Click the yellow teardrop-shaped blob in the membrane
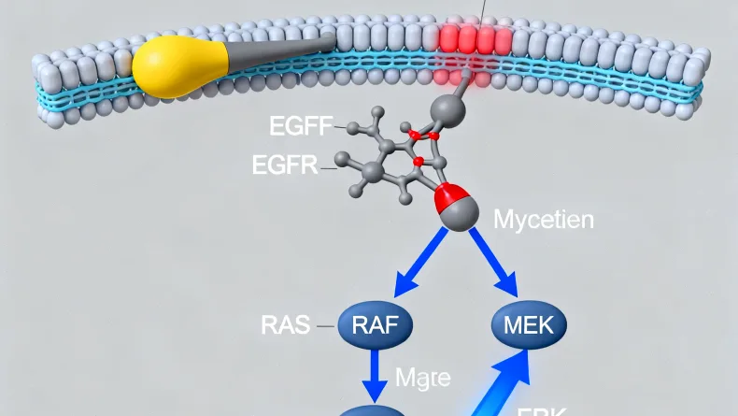pyautogui.click(x=180, y=68)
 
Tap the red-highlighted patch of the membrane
pyautogui.click(x=473, y=39)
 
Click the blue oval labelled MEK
pyautogui.click(x=528, y=324)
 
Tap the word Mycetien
pyautogui.click(x=542, y=222)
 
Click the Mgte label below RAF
pyautogui.click(x=423, y=379)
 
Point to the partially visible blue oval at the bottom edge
pyautogui.click(x=371, y=409)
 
